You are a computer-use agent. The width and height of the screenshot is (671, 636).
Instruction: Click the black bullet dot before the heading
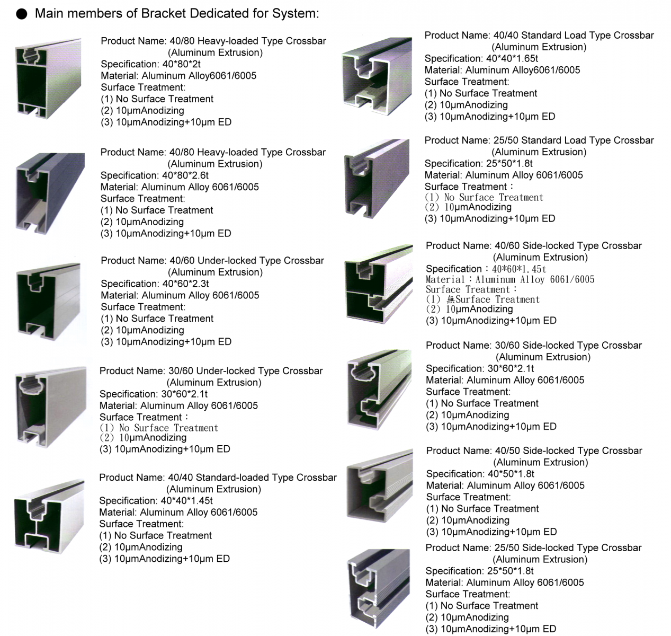click(22, 14)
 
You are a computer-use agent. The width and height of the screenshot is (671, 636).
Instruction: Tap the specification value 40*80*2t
click(181, 64)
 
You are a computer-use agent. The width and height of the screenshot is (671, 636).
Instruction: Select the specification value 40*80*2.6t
click(185, 175)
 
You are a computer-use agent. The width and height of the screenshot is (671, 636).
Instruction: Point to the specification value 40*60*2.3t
click(185, 284)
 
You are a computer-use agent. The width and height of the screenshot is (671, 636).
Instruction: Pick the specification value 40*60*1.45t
click(519, 269)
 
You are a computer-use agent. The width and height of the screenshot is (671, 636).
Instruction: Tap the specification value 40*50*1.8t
click(511, 474)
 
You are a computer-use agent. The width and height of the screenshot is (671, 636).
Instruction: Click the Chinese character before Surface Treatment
click(451, 299)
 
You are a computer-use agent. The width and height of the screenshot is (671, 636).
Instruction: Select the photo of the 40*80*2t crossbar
click(48, 78)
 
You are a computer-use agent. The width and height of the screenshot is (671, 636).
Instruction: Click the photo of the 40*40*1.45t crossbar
click(49, 517)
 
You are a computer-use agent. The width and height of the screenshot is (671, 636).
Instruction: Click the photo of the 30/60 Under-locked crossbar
click(50, 407)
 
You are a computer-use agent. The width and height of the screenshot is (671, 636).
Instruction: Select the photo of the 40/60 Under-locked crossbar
click(49, 302)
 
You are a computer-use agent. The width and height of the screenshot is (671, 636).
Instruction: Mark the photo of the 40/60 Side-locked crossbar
click(379, 284)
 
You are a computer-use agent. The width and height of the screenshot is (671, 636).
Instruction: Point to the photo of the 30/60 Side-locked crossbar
click(379, 390)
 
